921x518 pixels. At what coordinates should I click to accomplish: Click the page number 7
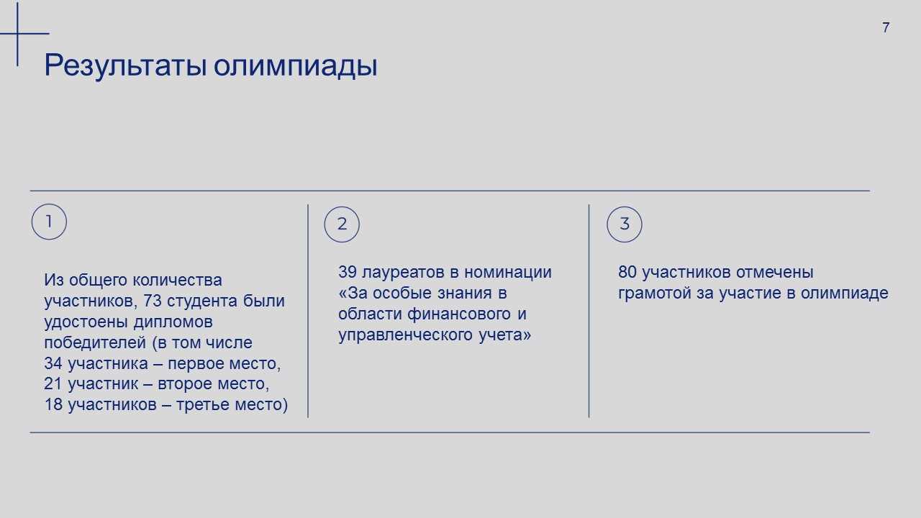(886, 27)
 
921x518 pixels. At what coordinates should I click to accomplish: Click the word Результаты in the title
(125, 65)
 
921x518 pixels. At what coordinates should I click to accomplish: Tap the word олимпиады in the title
(295, 65)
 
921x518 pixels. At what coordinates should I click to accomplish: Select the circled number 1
(49, 222)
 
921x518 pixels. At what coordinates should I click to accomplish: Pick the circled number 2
(342, 224)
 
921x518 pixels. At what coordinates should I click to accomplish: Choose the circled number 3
(624, 224)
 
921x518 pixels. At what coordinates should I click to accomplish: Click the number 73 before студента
(153, 301)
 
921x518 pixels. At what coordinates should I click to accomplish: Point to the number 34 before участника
(53, 363)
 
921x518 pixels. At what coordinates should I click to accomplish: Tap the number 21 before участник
(53, 383)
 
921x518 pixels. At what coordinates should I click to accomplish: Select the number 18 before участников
(53, 404)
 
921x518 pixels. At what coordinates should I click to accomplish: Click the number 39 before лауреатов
(348, 272)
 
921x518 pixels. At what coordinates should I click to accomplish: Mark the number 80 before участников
(627, 272)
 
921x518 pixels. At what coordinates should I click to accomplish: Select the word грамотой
(655, 294)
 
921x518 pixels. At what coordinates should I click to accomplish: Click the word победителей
(95, 343)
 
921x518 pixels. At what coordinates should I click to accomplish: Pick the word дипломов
(173, 322)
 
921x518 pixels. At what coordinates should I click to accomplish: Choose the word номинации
(508, 273)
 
